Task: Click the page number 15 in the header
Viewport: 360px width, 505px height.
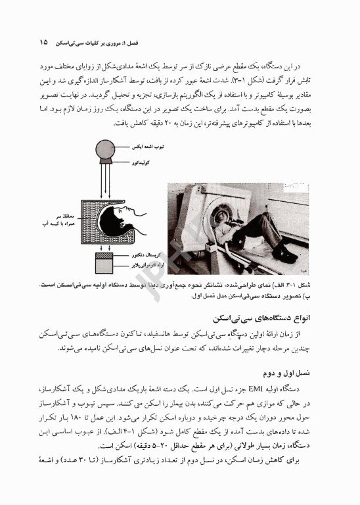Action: (43, 42)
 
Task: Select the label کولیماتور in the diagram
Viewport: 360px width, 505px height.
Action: (140, 162)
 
